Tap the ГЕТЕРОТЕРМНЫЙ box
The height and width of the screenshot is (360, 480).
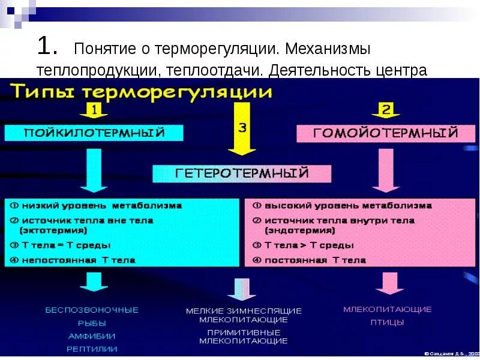tap(242, 173)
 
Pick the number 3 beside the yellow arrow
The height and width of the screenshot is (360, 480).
tap(242, 127)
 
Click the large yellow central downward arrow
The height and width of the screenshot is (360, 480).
tap(242, 142)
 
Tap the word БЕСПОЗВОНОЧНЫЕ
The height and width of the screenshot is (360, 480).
tap(92, 310)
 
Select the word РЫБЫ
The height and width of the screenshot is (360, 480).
tap(92, 323)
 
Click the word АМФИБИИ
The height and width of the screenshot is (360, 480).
tap(92, 336)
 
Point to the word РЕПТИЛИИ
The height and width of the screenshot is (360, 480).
tap(92, 349)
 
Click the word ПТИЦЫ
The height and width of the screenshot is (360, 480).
tap(387, 322)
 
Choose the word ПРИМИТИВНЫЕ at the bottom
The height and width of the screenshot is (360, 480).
tap(244, 332)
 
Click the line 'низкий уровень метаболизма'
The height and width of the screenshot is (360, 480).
tap(100, 206)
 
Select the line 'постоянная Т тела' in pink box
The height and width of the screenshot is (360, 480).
tap(314, 260)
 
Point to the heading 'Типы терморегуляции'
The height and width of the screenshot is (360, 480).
tap(141, 93)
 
